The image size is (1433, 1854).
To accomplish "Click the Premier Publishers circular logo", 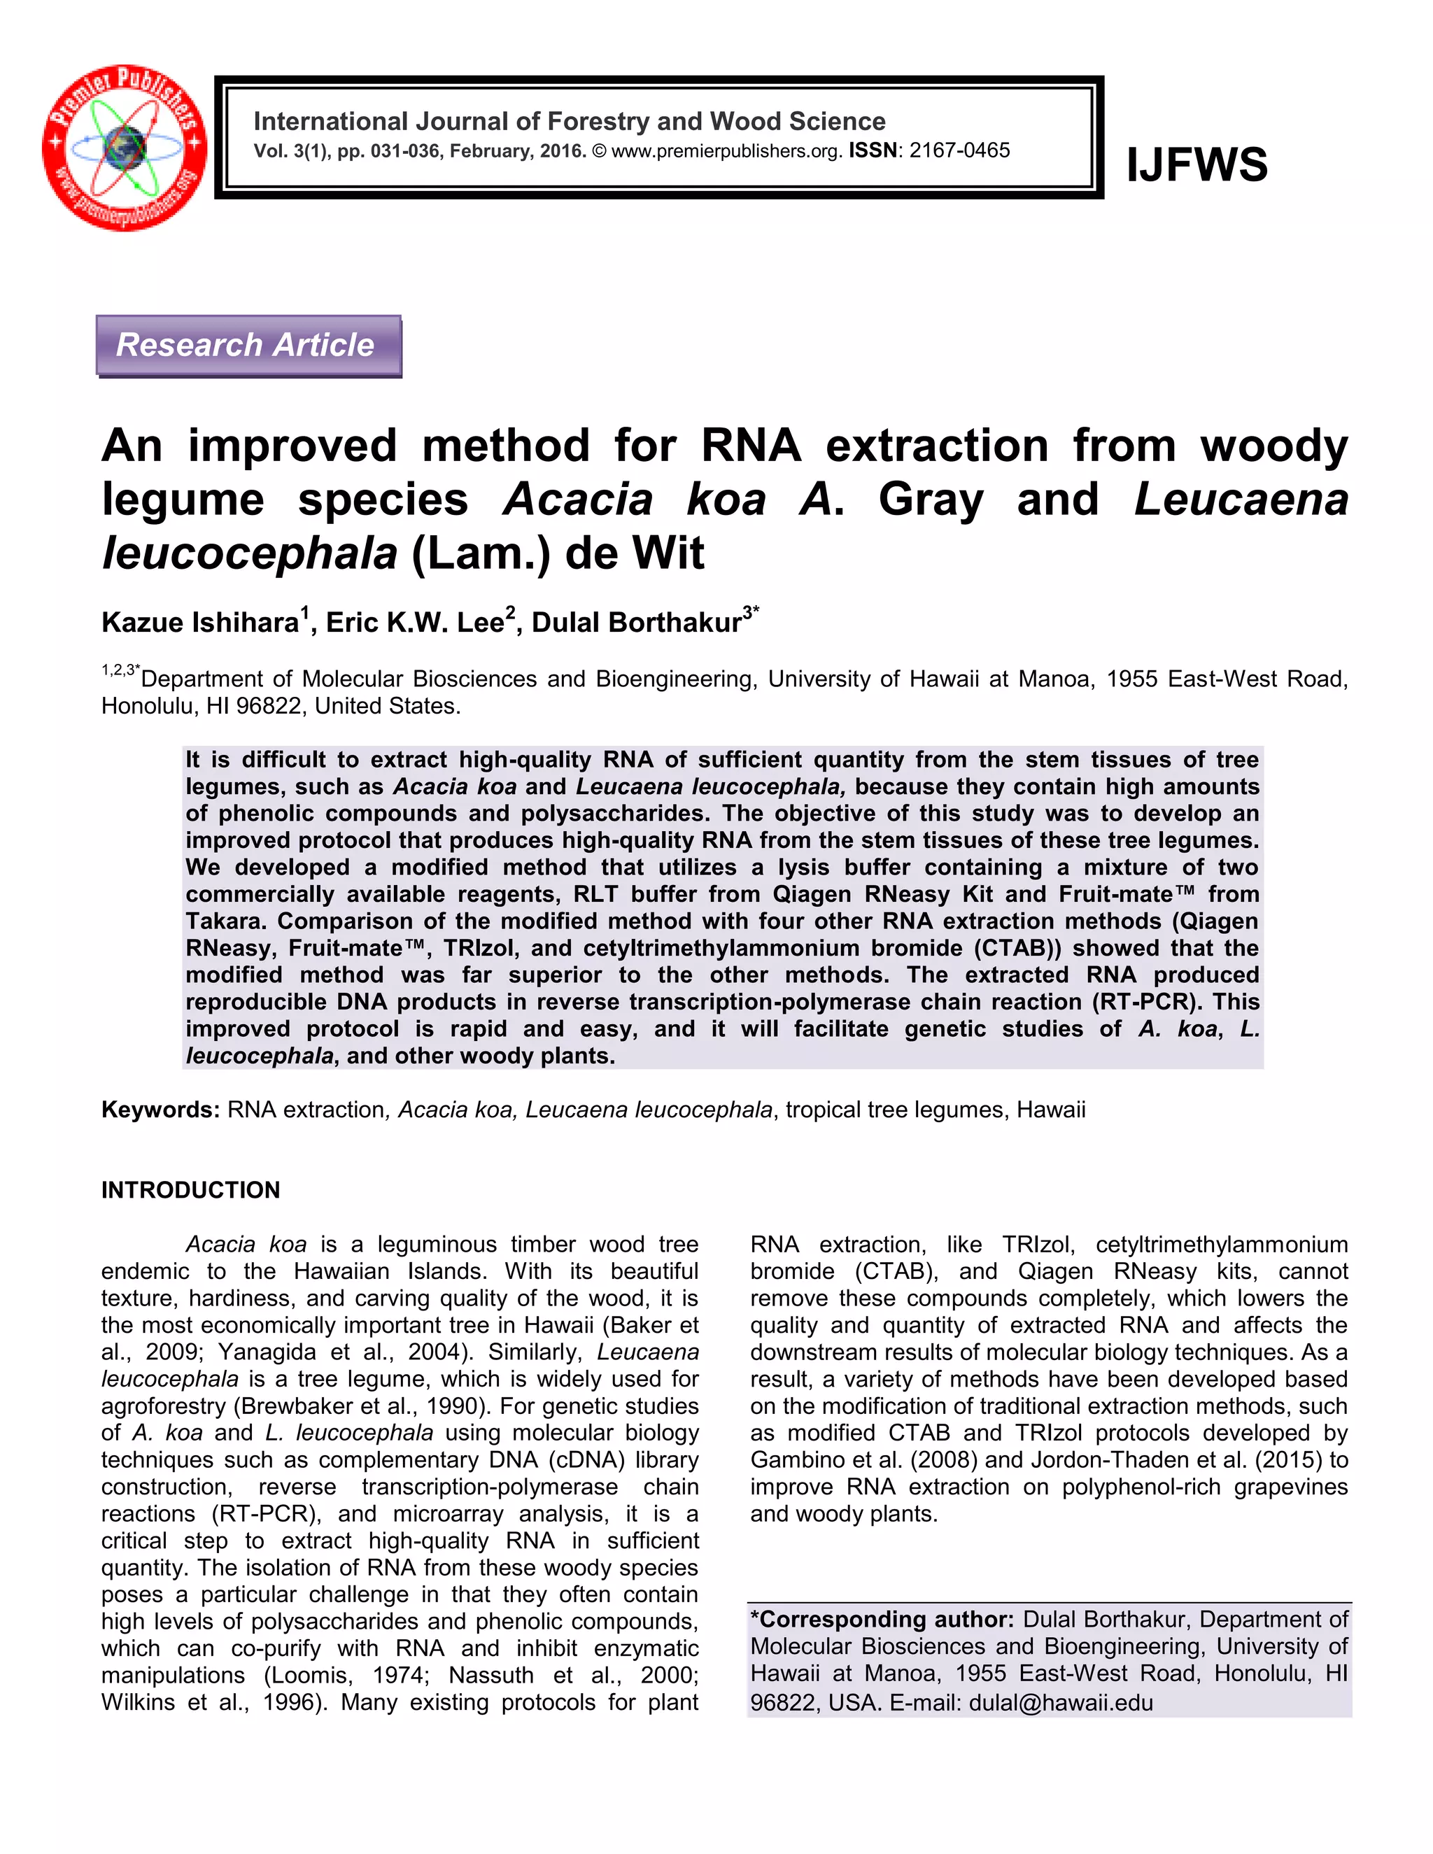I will click(124, 147).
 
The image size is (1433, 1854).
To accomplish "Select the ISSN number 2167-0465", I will click(959, 151).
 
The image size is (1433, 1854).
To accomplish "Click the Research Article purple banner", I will click(248, 346).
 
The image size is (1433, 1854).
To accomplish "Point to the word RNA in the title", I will click(751, 446).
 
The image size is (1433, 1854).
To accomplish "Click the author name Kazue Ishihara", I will click(199, 622).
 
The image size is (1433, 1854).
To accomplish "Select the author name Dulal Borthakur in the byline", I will click(637, 622).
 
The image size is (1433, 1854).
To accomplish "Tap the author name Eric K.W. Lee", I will click(415, 622).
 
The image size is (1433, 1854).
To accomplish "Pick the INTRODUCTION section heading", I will click(190, 1190).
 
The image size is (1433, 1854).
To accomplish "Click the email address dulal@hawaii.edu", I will click(1060, 1703).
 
